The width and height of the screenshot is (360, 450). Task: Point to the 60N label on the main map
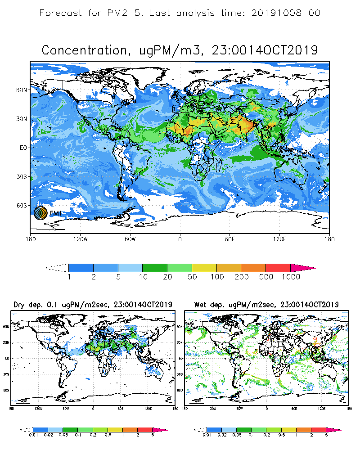[x=23, y=90]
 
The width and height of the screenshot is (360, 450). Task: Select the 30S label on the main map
[x=23, y=177]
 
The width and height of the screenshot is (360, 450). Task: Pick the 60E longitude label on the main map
[x=230, y=239]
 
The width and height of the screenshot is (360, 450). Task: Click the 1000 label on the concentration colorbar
[x=290, y=277]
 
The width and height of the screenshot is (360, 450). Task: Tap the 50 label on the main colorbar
[x=192, y=277]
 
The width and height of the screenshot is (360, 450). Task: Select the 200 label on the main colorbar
[x=241, y=277]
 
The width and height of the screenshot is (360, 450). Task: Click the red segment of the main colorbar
[x=278, y=268]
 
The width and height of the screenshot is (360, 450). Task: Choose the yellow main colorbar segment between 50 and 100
[x=204, y=268]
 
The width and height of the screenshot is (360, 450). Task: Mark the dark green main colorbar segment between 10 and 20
[x=155, y=268]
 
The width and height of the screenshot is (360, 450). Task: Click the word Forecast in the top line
[x=60, y=13]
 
